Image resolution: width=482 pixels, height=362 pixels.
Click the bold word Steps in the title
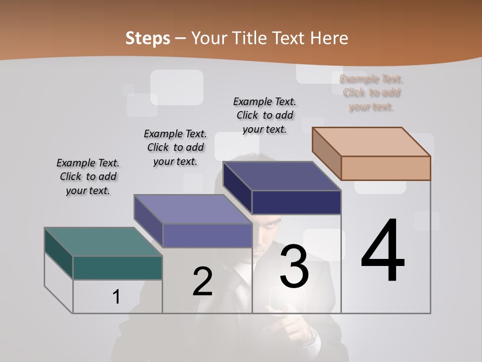[x=147, y=38]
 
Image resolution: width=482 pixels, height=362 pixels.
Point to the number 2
[x=202, y=282]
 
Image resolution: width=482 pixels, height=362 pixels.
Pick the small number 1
[x=116, y=297]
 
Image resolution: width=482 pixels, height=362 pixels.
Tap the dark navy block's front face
[x=296, y=203]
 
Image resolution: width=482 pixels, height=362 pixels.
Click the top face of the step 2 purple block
[x=193, y=209]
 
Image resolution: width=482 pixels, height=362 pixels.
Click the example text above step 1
[x=88, y=176]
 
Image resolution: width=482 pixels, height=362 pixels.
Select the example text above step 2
[x=175, y=147]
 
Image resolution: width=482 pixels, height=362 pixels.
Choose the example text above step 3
[x=265, y=115]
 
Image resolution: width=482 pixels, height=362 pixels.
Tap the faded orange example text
[x=372, y=93]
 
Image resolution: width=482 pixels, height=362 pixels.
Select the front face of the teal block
[x=117, y=267]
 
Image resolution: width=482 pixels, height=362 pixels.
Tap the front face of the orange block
[x=386, y=168]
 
